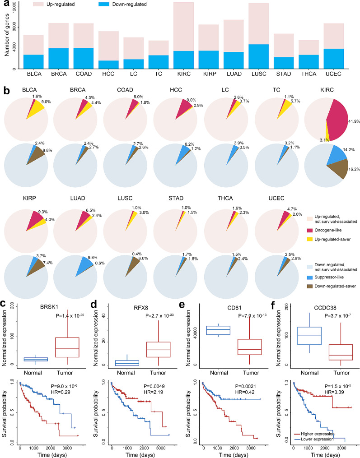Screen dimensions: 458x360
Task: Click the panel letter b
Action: tap(7, 91)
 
